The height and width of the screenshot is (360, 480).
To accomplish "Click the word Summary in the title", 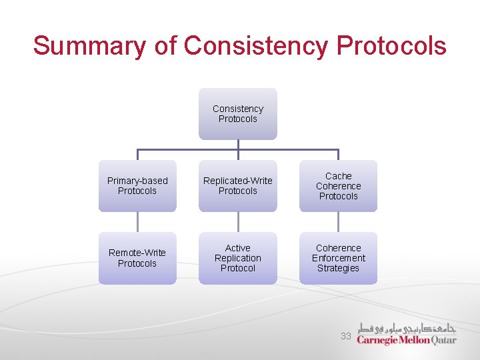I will pyautogui.click(x=89, y=46).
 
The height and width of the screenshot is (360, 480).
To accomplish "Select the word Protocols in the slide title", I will pyautogui.click(x=391, y=46).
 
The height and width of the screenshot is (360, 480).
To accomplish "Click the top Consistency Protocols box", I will pyautogui.click(x=238, y=114).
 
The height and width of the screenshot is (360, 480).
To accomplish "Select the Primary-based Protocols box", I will pyautogui.click(x=137, y=186).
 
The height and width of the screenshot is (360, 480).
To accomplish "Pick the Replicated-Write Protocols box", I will pyautogui.click(x=238, y=186).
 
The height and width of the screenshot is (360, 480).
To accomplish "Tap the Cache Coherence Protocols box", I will pyautogui.click(x=338, y=186).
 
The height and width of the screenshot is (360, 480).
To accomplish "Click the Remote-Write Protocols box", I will pyautogui.click(x=137, y=258).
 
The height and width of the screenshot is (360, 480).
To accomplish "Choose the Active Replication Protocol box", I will pyautogui.click(x=238, y=258).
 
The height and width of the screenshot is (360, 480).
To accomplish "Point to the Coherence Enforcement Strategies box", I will pyautogui.click(x=338, y=258).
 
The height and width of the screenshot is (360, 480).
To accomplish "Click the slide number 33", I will pyautogui.click(x=345, y=336).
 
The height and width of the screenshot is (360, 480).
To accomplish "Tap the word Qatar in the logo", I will pyautogui.click(x=444, y=340).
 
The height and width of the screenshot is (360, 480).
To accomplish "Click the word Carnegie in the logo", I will pyautogui.click(x=377, y=340).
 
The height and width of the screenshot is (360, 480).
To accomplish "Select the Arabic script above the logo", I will pyautogui.click(x=406, y=327).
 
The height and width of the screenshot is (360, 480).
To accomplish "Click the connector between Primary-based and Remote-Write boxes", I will pyautogui.click(x=137, y=222).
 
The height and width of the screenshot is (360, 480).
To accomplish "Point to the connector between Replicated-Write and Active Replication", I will pyautogui.click(x=238, y=222).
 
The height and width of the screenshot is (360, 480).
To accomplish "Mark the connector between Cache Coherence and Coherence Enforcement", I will pyautogui.click(x=338, y=222).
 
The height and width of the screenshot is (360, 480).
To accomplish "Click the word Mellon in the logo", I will pyautogui.click(x=415, y=340).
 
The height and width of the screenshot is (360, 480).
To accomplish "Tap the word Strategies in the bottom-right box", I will pyautogui.click(x=338, y=269).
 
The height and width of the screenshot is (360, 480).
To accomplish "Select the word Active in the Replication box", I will pyautogui.click(x=238, y=248).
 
